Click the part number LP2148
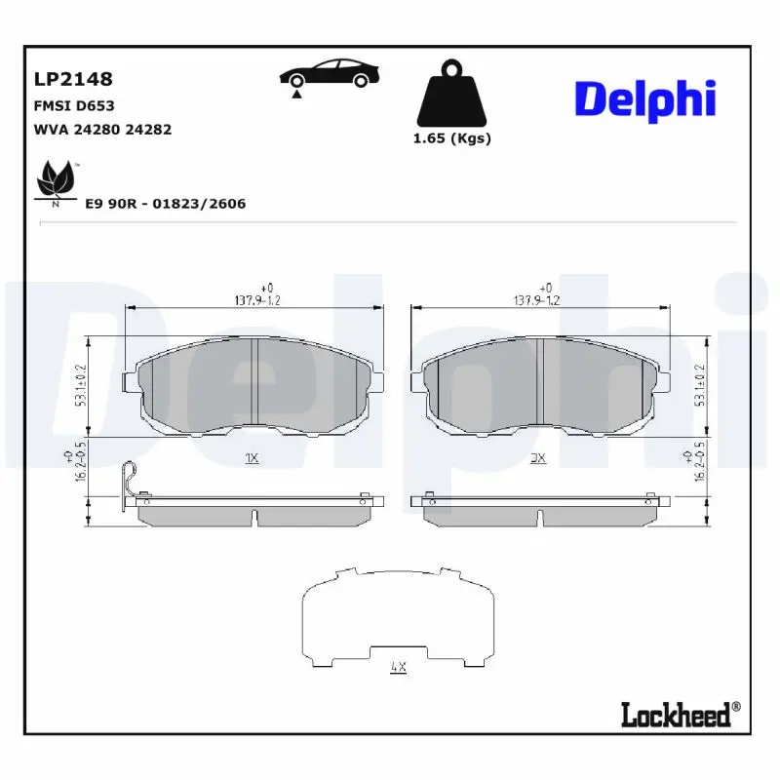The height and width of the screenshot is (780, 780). [x=73, y=79]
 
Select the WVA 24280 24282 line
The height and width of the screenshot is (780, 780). [x=102, y=129]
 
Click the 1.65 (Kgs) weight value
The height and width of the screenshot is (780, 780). [x=451, y=138]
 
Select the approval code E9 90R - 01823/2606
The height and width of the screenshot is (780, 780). [x=165, y=204]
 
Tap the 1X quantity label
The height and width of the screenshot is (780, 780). [x=251, y=456]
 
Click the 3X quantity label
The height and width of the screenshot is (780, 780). [x=537, y=456]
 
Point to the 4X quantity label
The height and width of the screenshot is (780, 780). [x=397, y=667]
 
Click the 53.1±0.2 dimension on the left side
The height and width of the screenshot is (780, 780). [x=82, y=387]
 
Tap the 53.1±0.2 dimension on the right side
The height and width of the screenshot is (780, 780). [x=698, y=387]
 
